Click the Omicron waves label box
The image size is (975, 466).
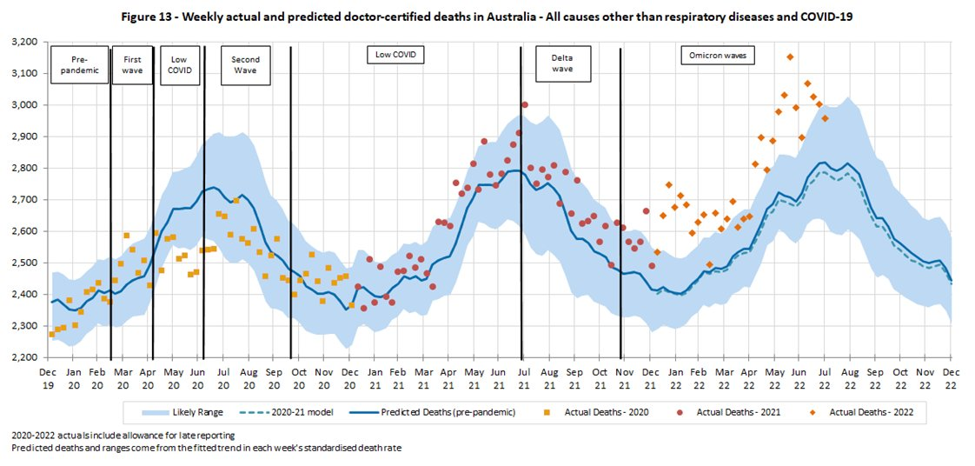[718, 56]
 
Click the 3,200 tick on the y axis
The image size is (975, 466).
[23, 42]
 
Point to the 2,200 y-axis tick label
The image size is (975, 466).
[23, 357]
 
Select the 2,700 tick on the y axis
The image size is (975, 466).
[23, 200]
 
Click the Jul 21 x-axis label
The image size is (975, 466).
[524, 378]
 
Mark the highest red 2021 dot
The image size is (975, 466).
[525, 104]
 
